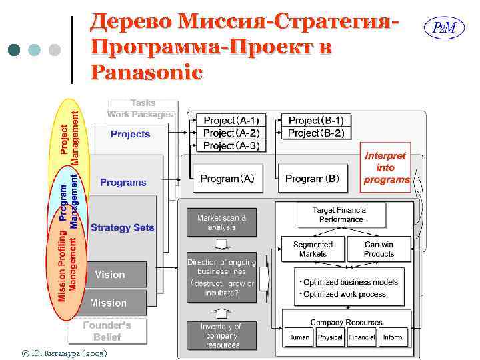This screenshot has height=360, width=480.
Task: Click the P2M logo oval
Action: (x=444, y=28)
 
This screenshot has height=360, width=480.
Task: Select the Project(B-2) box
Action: (x=316, y=133)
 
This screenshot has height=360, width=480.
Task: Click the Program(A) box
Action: (x=227, y=179)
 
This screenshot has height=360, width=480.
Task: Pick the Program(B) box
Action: (x=313, y=179)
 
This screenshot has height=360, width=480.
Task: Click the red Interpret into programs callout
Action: (x=385, y=168)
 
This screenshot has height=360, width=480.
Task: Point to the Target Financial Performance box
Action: (x=341, y=214)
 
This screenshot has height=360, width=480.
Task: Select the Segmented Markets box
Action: (x=313, y=249)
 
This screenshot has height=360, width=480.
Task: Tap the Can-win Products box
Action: (x=379, y=249)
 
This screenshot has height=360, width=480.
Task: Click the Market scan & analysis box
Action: (x=221, y=222)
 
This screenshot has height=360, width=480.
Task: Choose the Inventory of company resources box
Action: (x=221, y=335)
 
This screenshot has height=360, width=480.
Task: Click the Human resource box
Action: (x=299, y=337)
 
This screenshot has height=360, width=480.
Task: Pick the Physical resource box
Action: (x=330, y=337)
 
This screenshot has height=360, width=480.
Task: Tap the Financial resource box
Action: (x=362, y=337)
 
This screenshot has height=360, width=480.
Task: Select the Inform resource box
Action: (x=393, y=337)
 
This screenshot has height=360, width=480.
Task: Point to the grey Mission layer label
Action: (x=108, y=303)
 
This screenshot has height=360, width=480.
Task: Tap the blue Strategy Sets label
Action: (x=123, y=227)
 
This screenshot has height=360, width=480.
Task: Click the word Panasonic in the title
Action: (x=145, y=71)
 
